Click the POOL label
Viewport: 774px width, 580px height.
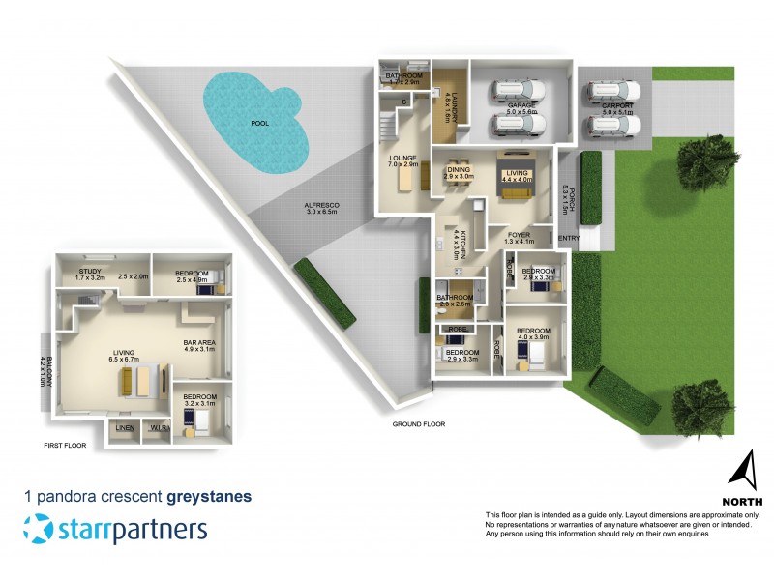click(260, 124)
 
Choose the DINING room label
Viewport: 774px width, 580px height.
click(459, 170)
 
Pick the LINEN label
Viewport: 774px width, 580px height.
click(124, 427)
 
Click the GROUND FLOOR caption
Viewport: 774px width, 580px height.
click(418, 424)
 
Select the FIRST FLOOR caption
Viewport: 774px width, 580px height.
click(65, 446)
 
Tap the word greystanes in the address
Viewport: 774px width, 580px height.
click(209, 497)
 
